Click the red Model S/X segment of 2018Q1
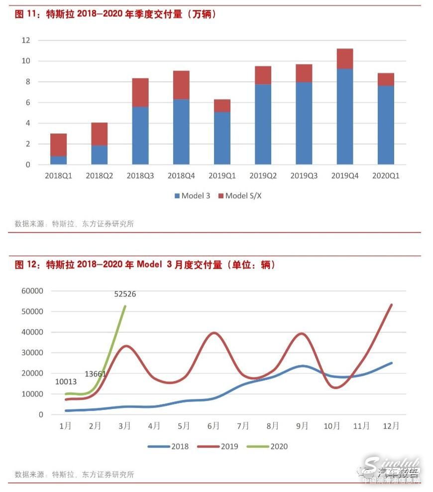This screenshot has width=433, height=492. [58, 145]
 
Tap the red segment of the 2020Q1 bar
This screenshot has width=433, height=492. [386, 79]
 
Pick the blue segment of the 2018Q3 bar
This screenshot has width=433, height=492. [140, 135]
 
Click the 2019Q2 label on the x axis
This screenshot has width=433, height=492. [263, 176]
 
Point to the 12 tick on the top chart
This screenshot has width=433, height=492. [25, 40]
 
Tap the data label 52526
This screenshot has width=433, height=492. [125, 294]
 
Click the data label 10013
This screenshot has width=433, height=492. [67, 382]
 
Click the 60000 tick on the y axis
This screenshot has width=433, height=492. [32, 291]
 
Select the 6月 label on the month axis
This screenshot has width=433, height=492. [214, 426]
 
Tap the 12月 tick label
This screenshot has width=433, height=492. [391, 426]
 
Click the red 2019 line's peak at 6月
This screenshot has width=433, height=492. [214, 333]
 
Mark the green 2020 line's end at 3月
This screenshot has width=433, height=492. [125, 306]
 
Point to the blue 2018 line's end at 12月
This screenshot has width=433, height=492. [392, 363]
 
